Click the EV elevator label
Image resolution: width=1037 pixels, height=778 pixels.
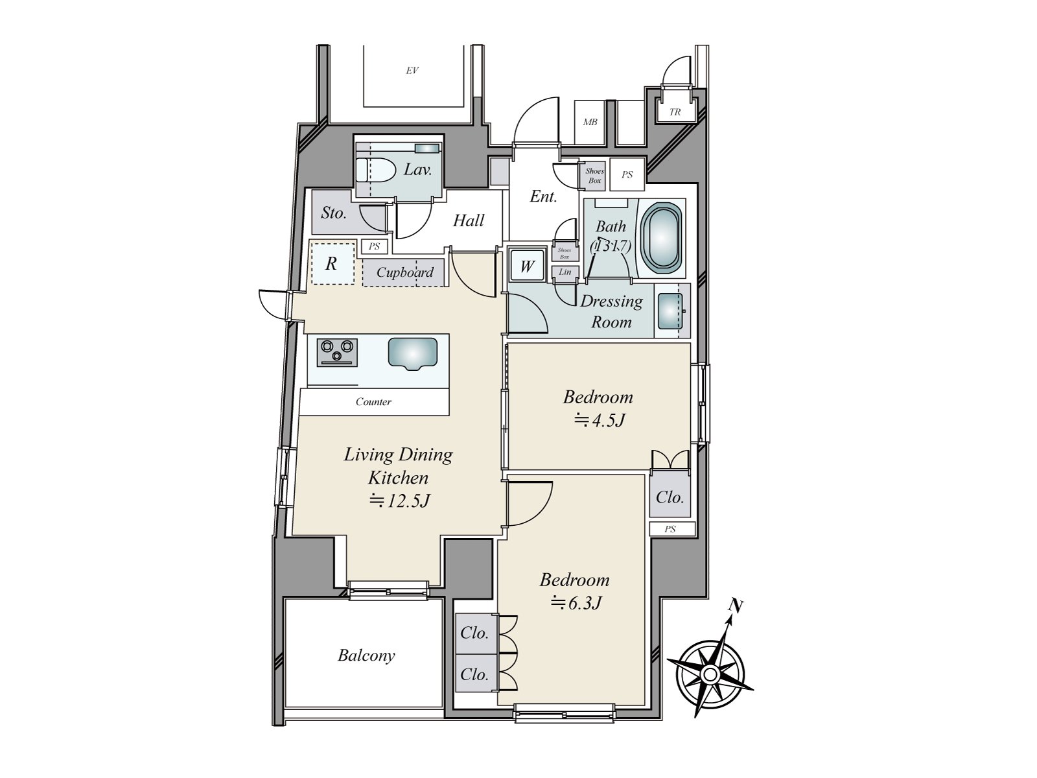[412, 71]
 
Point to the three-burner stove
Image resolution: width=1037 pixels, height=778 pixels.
[336, 351]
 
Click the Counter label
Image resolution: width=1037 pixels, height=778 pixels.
[373, 402]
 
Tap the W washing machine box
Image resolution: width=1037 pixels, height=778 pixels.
[527, 266]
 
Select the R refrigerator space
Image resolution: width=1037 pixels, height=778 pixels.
[332, 263]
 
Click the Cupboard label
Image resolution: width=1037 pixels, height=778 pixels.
[404, 272]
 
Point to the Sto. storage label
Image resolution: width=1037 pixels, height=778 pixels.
[333, 213]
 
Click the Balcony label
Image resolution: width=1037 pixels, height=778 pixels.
[366, 655]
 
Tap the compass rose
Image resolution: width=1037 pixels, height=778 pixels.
[710, 675]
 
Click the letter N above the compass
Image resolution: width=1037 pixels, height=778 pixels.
[735, 606]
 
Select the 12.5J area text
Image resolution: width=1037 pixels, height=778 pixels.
[399, 501]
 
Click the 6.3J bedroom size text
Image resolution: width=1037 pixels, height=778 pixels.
[576, 604]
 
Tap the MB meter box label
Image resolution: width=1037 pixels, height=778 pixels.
[590, 122]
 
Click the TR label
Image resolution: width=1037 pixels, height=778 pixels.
[675, 112]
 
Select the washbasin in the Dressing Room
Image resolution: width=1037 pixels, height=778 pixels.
[670, 311]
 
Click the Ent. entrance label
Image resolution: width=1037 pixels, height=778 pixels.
[543, 196]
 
